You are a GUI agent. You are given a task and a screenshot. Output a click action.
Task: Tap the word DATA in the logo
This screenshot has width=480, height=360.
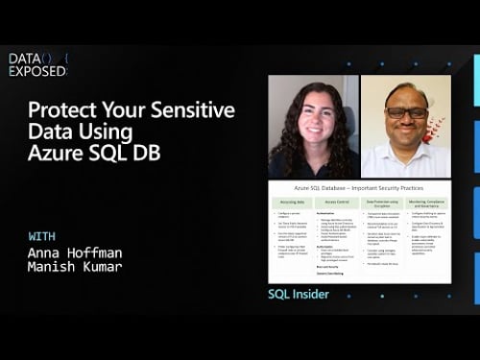pyautogui.click(x=24, y=59)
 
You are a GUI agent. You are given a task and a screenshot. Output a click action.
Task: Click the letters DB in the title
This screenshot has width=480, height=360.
pyautogui.click(x=147, y=152)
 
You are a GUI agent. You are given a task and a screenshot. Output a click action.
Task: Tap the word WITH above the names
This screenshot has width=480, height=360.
pyautogui.click(x=42, y=236)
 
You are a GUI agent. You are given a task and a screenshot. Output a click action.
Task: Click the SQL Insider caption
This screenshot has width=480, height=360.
pyautogui.click(x=299, y=294)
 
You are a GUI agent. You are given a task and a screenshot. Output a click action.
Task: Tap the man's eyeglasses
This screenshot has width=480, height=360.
pyautogui.click(x=406, y=112)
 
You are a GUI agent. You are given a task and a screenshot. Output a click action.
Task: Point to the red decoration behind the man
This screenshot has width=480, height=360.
pyautogui.click(x=437, y=129)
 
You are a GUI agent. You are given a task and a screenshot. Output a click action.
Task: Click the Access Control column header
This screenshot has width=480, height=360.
pyautogui.click(x=337, y=203)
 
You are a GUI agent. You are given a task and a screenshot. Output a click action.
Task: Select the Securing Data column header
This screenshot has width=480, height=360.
pyautogui.click(x=292, y=203)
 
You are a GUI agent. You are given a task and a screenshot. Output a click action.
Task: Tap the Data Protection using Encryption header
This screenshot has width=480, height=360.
pyautogui.click(x=381, y=203)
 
